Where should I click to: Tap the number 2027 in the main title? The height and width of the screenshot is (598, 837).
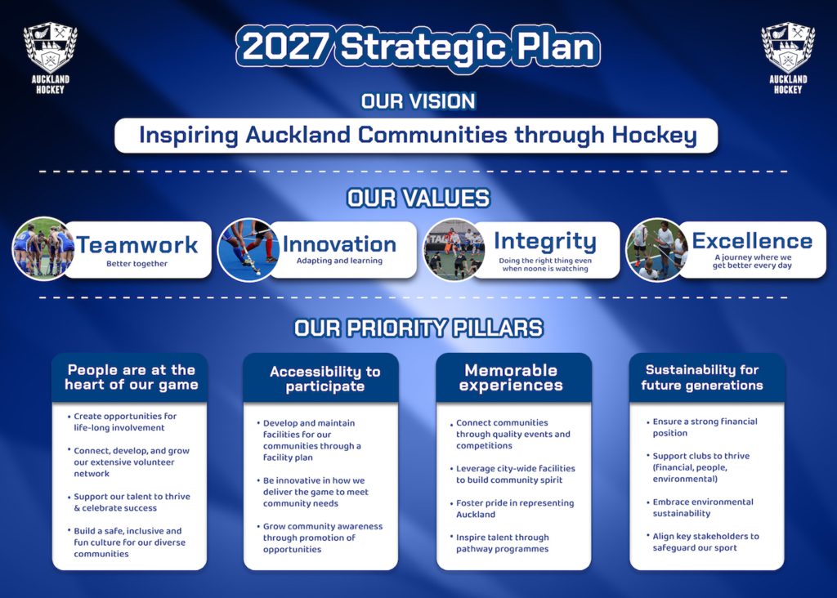285,47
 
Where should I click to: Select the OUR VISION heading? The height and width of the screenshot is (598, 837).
418,101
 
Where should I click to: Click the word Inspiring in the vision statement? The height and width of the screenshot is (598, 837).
189,135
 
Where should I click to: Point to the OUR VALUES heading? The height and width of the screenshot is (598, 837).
418,199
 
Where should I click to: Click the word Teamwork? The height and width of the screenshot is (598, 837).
137,244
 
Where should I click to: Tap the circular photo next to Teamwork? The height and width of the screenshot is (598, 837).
43,248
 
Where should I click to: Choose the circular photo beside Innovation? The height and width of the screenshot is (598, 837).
248,249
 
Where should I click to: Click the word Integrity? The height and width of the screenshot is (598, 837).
544,241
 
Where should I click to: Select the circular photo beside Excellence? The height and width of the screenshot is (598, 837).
656,249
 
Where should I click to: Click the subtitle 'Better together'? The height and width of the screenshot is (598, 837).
137,264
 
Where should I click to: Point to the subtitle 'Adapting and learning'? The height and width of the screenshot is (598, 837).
339,261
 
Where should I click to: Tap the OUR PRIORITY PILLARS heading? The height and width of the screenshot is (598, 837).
418,328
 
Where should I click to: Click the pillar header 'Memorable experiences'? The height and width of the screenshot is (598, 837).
512,377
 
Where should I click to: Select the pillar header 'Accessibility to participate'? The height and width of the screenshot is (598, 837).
325,378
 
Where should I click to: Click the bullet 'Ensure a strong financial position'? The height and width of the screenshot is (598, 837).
705,427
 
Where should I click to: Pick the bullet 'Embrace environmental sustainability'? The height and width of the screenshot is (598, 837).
703,507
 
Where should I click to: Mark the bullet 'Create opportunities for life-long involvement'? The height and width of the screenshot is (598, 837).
125,422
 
